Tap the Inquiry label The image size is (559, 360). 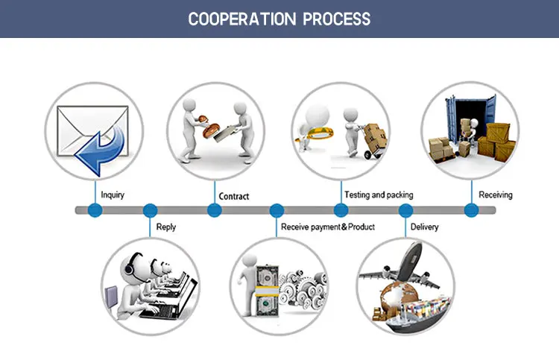[x=113, y=195]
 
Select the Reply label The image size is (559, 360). [x=166, y=227]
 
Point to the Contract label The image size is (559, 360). [x=234, y=197]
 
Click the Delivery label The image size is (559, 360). [x=425, y=227]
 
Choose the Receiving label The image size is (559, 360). [x=496, y=195]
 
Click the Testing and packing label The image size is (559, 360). [x=379, y=195]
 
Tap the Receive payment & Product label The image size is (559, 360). [x=328, y=227]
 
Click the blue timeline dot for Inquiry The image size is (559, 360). [x=95, y=210]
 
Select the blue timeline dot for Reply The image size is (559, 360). [x=150, y=210]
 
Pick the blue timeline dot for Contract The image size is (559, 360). [x=215, y=210]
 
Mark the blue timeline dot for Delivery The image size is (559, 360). [x=405, y=210]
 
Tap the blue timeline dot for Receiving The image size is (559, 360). [x=471, y=210]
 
